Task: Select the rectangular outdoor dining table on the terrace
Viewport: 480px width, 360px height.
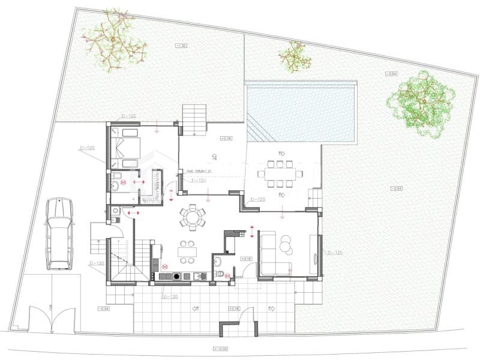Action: [280, 175]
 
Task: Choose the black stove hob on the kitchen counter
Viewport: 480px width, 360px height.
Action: [176, 276]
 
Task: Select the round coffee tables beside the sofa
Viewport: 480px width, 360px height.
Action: [286, 243]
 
